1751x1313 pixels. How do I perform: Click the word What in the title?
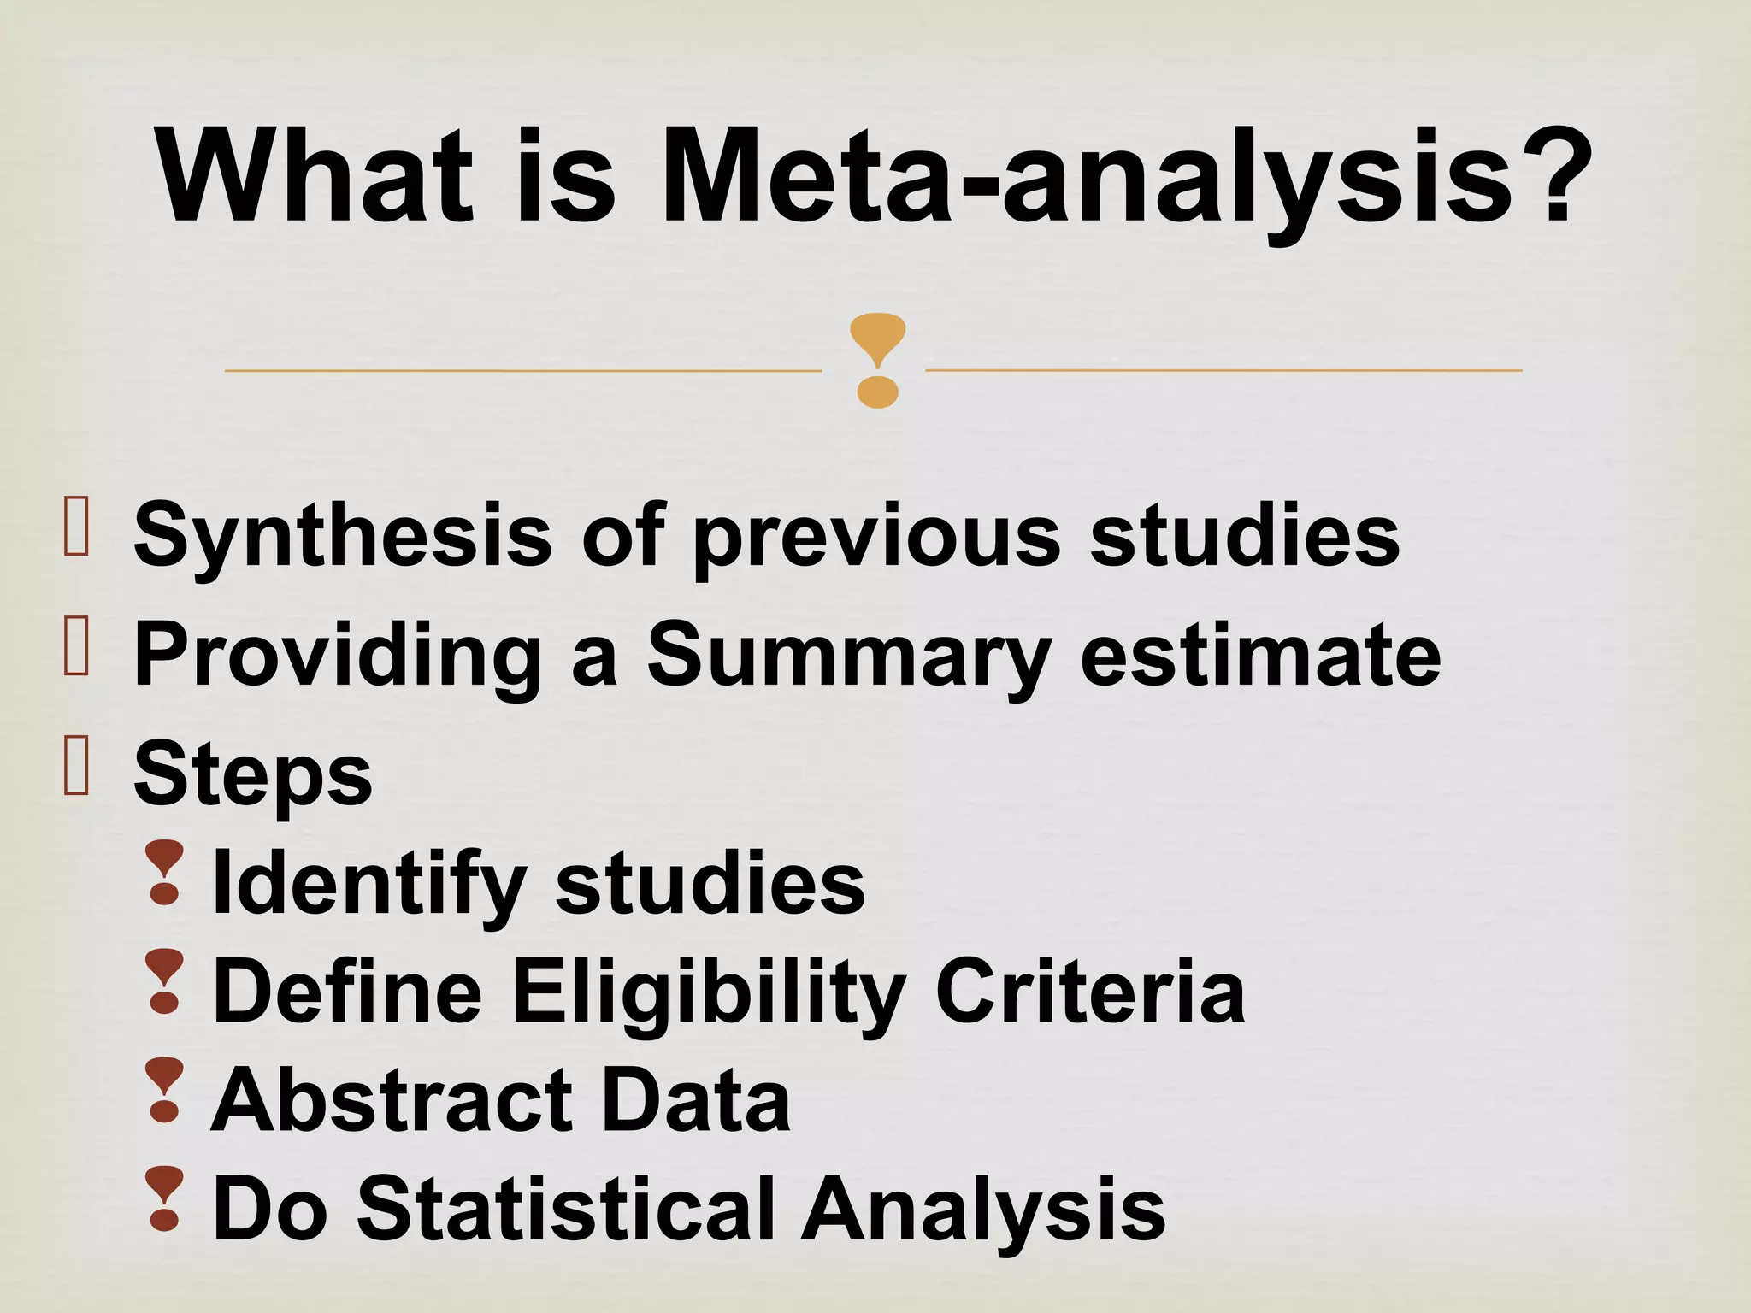pos(314,177)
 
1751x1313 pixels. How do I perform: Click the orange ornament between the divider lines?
pos(877,360)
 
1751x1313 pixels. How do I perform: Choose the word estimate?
pos(1260,655)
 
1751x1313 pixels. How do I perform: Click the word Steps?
pos(253,774)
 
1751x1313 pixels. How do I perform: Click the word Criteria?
pos(1090,992)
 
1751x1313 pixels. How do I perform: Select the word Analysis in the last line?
pos(983,1209)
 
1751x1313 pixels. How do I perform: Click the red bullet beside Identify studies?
pos(164,873)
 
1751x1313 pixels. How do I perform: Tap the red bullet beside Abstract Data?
pos(164,1090)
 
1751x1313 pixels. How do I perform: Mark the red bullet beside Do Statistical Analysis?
pos(164,1198)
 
